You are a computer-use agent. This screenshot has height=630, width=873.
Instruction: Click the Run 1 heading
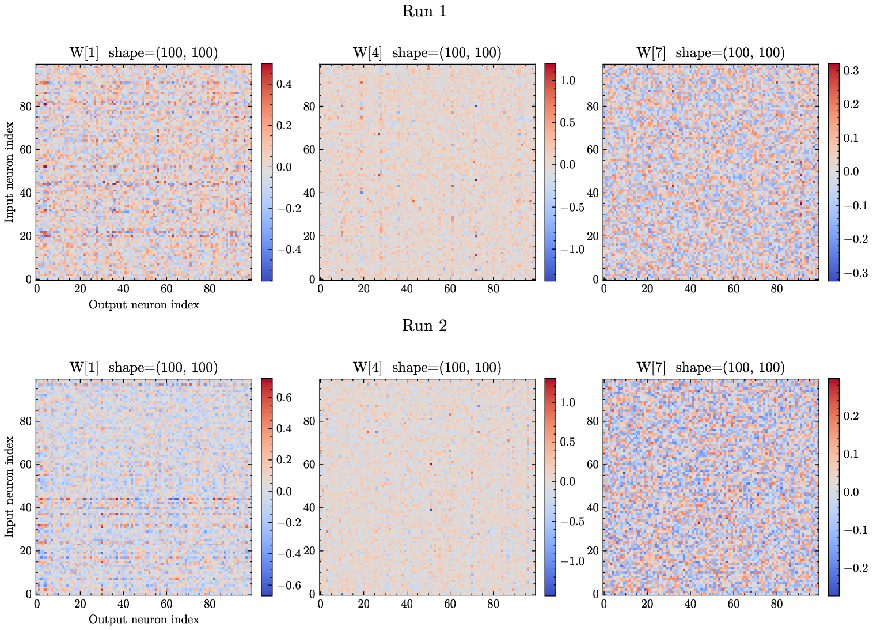click(424, 11)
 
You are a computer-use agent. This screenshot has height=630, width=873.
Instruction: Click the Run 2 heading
click(424, 326)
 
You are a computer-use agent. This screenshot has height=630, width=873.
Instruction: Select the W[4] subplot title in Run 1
click(427, 53)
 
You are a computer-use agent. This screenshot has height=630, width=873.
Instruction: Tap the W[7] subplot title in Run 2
click(710, 368)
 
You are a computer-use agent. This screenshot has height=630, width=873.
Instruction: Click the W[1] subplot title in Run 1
click(143, 53)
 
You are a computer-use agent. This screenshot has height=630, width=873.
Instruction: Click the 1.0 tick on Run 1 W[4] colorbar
click(568, 81)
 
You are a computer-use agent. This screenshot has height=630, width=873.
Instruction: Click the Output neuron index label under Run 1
click(143, 305)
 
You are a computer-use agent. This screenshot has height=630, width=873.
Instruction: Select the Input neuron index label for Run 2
click(9, 487)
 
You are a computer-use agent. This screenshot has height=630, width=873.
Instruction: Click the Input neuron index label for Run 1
click(9, 172)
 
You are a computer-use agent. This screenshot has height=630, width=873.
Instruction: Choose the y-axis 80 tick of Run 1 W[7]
click(593, 107)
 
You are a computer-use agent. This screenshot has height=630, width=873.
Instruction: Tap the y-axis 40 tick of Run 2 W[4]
click(309, 508)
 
